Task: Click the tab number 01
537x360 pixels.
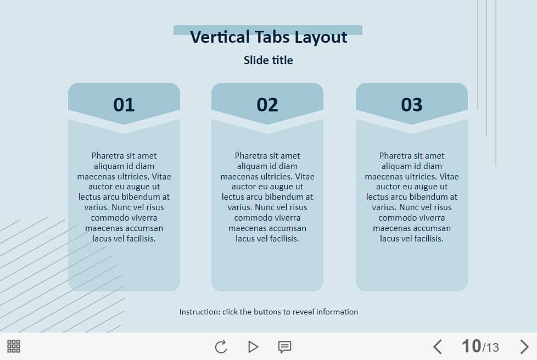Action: (x=124, y=105)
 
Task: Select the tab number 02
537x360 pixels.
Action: (x=267, y=105)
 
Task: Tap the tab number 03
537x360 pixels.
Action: (x=412, y=105)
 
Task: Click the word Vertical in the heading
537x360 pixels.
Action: (x=220, y=37)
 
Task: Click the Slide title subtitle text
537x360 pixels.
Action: (x=268, y=60)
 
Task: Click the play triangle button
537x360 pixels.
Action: (x=253, y=347)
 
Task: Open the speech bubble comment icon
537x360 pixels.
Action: (x=284, y=347)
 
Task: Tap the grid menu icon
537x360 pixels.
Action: (x=14, y=346)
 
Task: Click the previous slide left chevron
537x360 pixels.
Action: (x=437, y=347)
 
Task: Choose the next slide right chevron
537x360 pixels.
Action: (x=524, y=347)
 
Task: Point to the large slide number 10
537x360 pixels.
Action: (x=472, y=346)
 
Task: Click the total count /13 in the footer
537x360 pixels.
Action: (x=490, y=348)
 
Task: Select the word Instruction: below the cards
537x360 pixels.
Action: (x=200, y=312)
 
